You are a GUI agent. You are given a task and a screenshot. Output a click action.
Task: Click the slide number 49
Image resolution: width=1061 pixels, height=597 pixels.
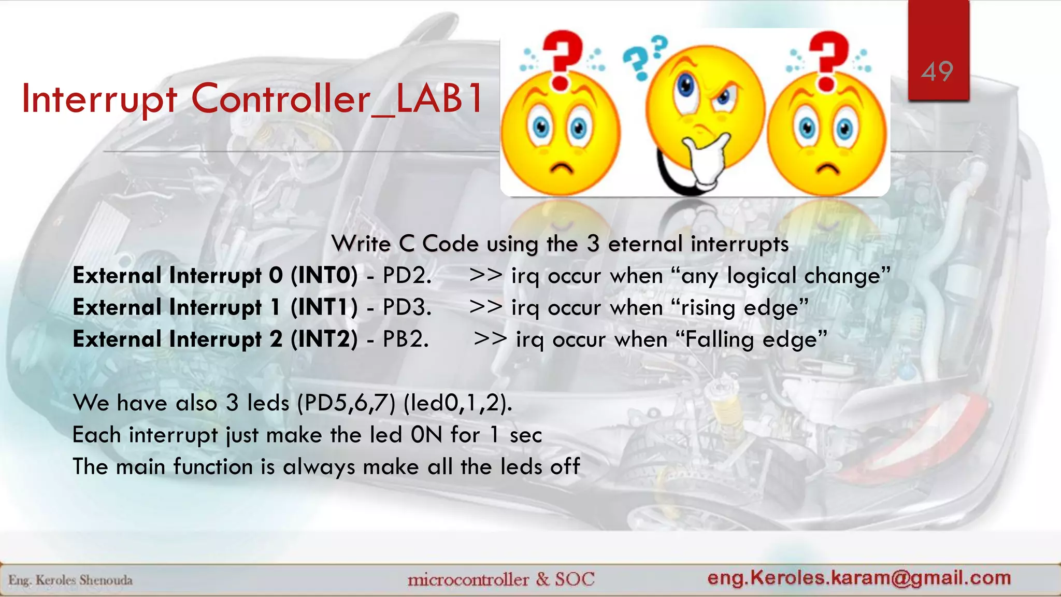click(x=937, y=72)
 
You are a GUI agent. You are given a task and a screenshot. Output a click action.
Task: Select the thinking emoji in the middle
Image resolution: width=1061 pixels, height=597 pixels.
click(x=705, y=114)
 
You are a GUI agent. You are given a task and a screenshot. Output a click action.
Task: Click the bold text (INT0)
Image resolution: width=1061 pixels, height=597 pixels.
click(x=324, y=276)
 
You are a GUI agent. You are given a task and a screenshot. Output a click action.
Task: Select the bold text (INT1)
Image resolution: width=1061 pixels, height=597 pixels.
click(x=324, y=307)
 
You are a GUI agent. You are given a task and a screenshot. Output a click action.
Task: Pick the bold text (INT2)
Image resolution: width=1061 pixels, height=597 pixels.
click(x=324, y=339)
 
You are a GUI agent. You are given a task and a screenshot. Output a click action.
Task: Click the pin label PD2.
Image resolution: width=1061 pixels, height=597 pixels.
click(x=406, y=276)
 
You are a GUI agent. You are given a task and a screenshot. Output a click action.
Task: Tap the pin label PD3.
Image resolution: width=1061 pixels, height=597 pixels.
click(x=406, y=307)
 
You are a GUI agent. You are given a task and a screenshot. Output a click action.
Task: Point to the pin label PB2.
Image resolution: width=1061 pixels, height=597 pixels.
click(x=405, y=339)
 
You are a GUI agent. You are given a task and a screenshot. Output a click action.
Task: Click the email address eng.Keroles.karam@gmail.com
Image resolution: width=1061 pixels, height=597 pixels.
click(x=859, y=577)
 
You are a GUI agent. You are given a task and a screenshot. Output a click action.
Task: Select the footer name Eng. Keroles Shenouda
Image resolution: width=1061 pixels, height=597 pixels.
click(x=70, y=580)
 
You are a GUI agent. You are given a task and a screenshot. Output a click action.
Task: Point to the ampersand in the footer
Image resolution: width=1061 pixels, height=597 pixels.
click(x=542, y=578)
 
